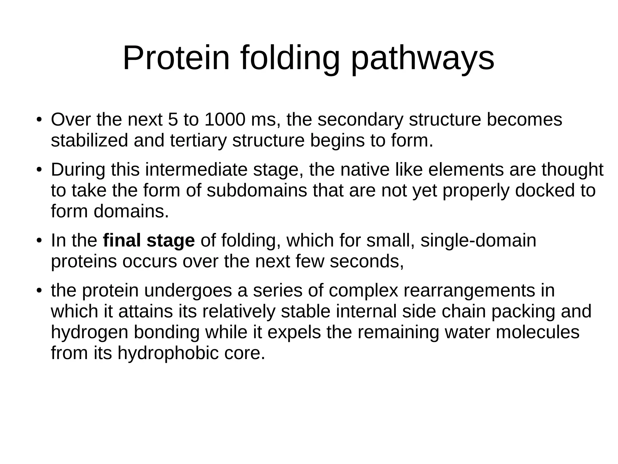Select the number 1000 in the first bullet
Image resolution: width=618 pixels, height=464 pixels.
(225, 119)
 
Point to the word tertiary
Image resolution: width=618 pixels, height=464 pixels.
(198, 141)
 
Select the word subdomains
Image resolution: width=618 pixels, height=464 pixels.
(257, 190)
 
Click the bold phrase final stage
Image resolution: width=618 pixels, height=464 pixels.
(149, 241)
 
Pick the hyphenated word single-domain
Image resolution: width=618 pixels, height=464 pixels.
(478, 241)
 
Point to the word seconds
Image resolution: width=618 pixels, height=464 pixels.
(367, 261)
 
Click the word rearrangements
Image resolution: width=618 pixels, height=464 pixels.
(479, 291)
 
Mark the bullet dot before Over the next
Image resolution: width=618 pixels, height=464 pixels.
(39, 120)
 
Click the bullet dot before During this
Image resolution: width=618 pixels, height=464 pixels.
(39, 170)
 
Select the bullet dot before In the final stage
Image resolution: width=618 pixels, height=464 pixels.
(39, 241)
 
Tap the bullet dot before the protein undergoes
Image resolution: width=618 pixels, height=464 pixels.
(39, 291)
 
